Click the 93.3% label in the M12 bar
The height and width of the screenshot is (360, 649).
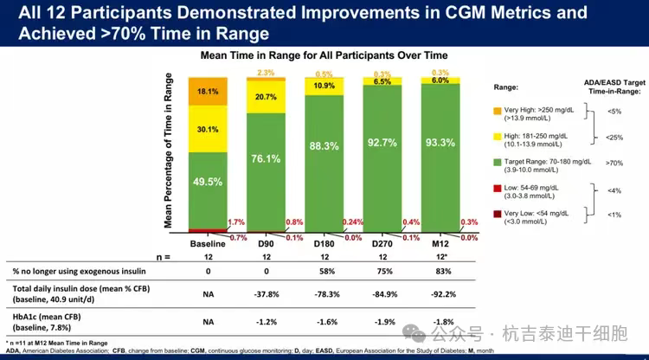(x=440, y=142)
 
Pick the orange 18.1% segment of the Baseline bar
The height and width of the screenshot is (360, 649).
(x=208, y=92)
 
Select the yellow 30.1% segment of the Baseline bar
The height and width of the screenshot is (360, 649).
(x=208, y=130)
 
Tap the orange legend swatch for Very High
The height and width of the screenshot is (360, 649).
(x=496, y=111)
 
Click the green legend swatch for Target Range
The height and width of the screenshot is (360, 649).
(x=496, y=162)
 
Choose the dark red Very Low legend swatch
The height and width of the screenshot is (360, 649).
(x=496, y=215)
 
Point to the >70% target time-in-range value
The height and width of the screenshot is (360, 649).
(x=614, y=162)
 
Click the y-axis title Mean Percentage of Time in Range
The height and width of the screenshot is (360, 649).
(x=170, y=151)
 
